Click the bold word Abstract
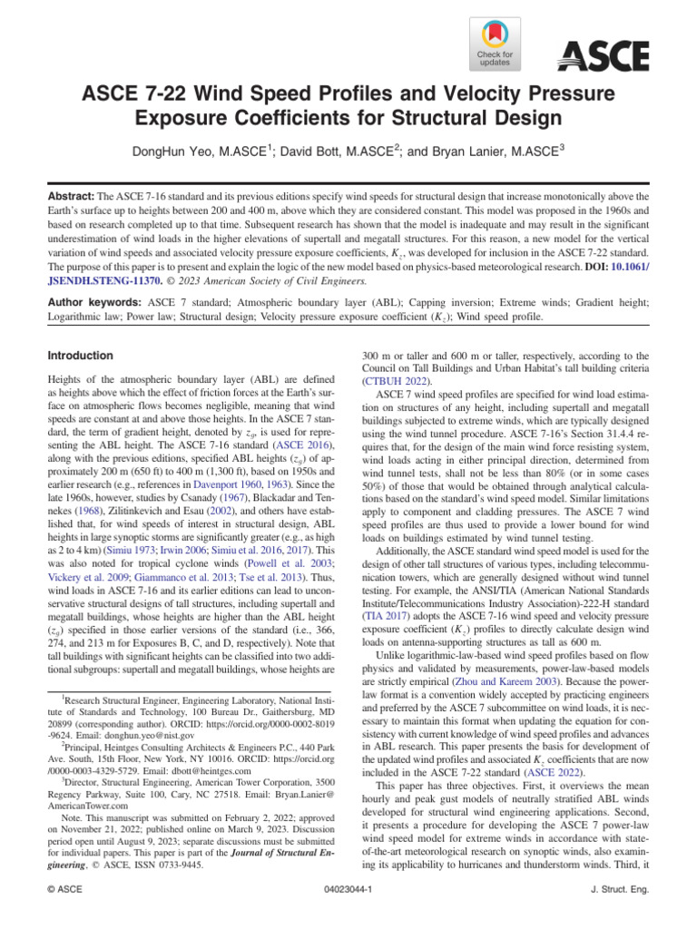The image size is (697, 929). [69, 196]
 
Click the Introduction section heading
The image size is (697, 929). [81, 356]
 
